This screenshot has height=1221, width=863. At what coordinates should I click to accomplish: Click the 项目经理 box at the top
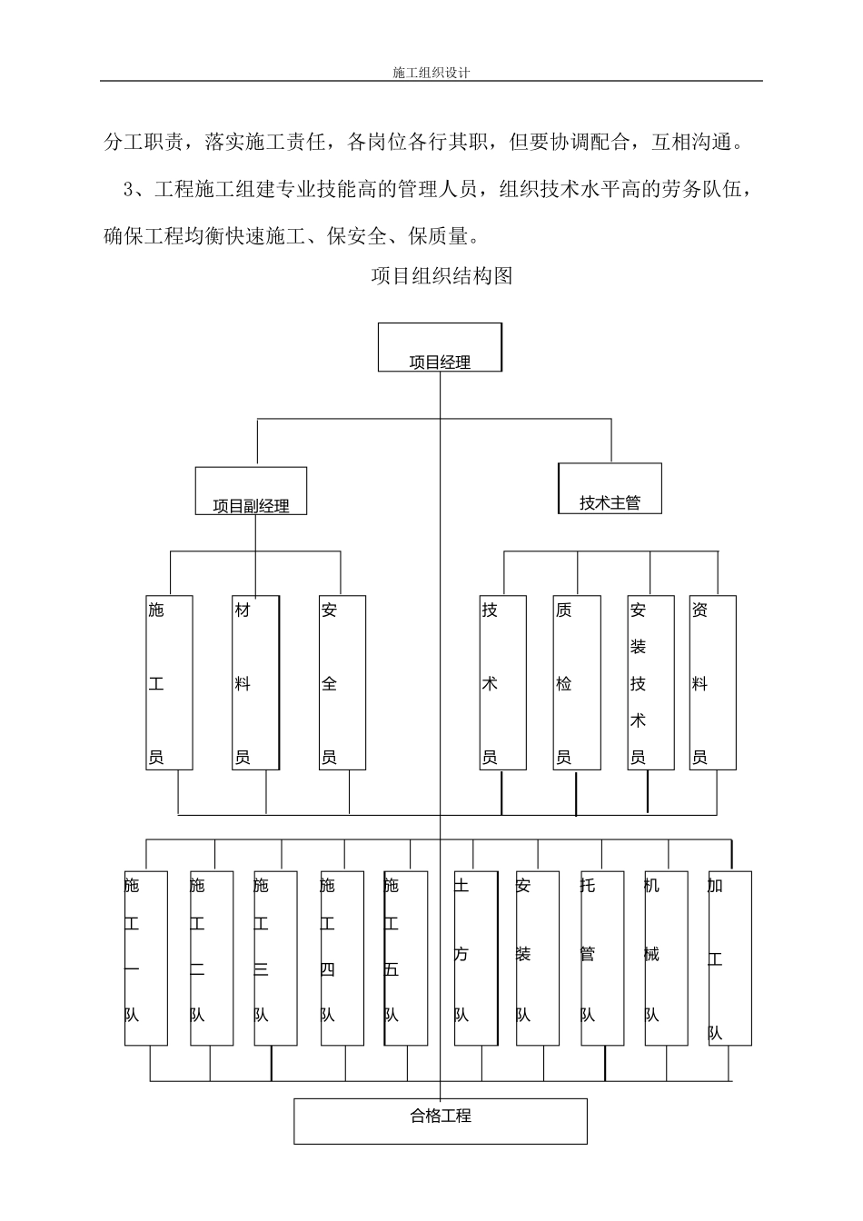(440, 348)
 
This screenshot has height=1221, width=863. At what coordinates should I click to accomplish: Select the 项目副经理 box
(251, 491)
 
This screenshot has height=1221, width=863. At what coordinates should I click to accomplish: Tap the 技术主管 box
(610, 489)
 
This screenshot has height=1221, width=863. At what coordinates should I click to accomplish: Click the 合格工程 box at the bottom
(441, 1121)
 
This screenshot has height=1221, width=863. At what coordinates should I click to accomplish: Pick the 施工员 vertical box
(169, 683)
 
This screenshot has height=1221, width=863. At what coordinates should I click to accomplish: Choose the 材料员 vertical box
(255, 683)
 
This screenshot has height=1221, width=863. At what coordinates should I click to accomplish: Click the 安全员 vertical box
(342, 683)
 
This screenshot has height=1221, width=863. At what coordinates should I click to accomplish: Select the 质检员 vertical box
(577, 683)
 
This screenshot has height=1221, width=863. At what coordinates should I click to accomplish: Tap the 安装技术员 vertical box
(650, 683)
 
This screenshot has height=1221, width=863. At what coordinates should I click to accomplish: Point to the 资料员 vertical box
(712, 683)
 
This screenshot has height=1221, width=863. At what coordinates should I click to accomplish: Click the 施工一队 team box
(146, 958)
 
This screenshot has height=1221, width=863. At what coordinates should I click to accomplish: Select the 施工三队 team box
(275, 958)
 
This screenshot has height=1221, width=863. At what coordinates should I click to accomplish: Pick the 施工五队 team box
(405, 958)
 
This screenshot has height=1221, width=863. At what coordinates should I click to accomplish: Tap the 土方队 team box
(476, 958)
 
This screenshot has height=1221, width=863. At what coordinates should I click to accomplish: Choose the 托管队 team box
(601, 958)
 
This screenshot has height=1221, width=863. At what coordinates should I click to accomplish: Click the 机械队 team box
(666, 958)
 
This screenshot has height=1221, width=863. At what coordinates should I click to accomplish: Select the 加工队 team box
(729, 958)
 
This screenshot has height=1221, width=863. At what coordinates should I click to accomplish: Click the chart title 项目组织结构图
(441, 276)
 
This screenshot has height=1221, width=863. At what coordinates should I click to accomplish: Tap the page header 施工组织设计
(431, 72)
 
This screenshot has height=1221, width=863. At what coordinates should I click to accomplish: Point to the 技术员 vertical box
(503, 683)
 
